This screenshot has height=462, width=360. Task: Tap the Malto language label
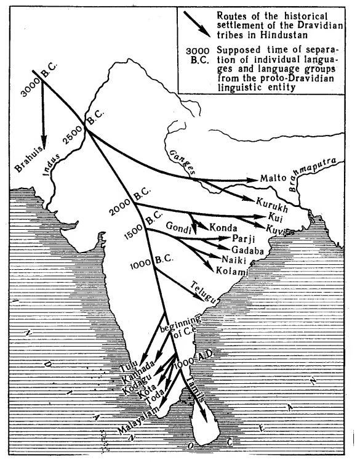click(x=272, y=177)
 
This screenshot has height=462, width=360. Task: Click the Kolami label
click(x=231, y=269)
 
